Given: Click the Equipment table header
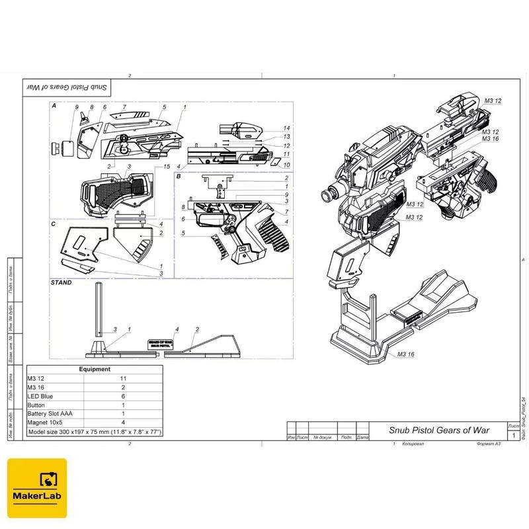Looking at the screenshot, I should (x=95, y=370).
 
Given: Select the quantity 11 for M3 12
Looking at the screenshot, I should (x=123, y=379).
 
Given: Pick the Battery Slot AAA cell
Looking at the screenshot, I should (x=50, y=414).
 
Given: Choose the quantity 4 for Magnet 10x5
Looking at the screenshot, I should (x=123, y=423).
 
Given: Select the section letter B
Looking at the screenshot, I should (x=179, y=177).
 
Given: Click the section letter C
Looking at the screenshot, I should (x=53, y=224).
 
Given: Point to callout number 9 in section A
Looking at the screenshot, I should (x=77, y=107).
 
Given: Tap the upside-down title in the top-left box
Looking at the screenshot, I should (x=68, y=87).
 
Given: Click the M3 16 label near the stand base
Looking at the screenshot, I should (x=407, y=355).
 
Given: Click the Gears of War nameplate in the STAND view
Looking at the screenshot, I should (x=159, y=344).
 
